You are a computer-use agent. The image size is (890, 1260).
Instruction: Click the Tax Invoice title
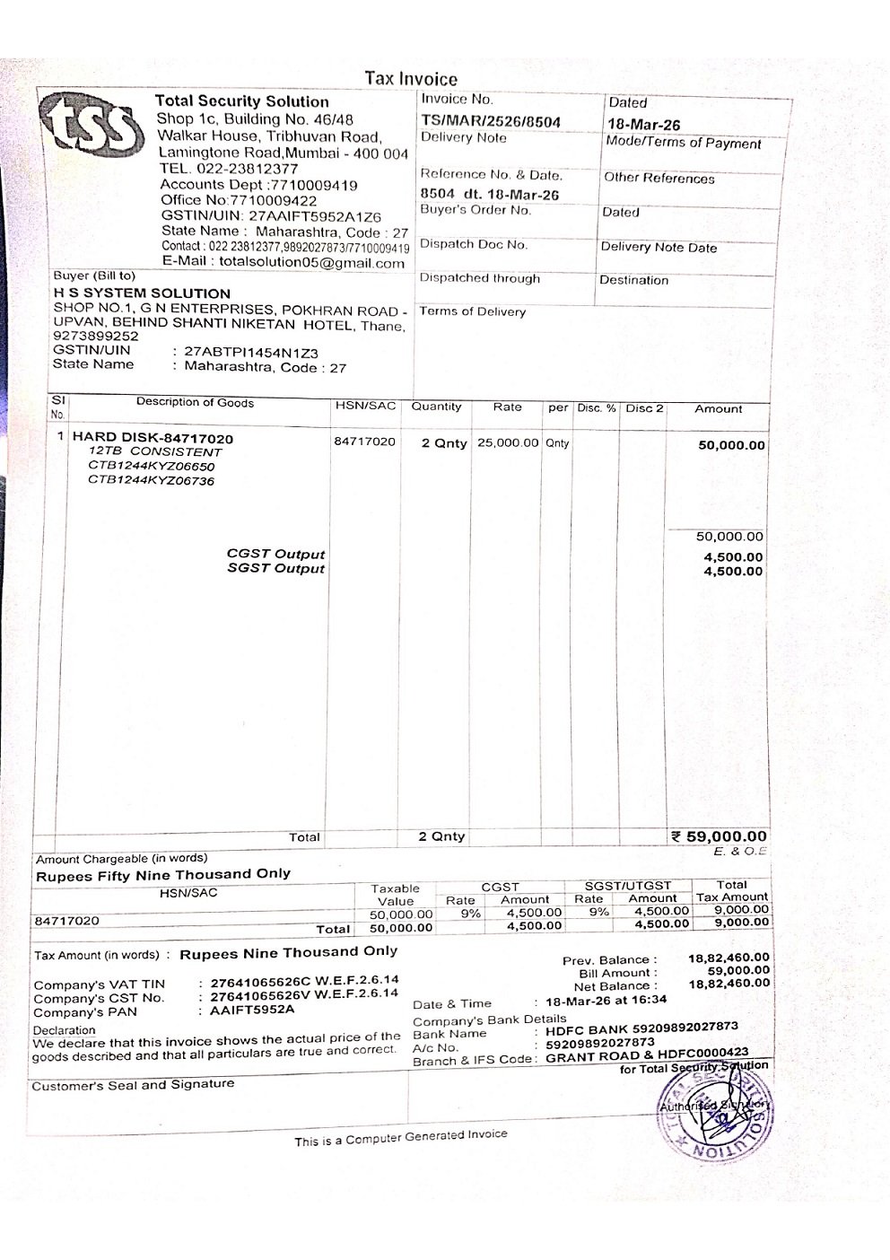(x=411, y=79)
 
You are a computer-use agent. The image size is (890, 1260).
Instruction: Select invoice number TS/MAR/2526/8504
(x=491, y=121)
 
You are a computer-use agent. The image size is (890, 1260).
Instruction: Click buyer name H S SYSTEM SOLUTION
(x=142, y=293)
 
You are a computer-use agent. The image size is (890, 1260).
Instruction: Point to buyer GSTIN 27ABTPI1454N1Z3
(x=251, y=353)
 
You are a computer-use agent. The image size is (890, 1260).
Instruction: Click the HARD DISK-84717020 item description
(x=153, y=438)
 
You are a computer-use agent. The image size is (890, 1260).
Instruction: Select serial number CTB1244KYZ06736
(x=151, y=481)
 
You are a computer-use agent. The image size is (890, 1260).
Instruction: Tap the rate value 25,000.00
(x=508, y=443)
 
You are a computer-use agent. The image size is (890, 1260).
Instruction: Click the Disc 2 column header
(x=643, y=408)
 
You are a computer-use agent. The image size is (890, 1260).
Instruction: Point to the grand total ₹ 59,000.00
(x=720, y=836)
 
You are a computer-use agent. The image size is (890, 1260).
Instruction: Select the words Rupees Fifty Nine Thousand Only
(x=163, y=874)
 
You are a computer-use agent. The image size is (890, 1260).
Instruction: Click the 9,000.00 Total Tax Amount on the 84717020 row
(x=741, y=909)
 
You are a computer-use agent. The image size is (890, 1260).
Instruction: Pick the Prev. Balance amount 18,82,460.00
(x=729, y=958)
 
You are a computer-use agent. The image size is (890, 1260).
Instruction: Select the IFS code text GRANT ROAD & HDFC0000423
(x=646, y=1056)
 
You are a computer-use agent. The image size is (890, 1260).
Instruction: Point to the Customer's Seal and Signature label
(x=133, y=1084)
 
